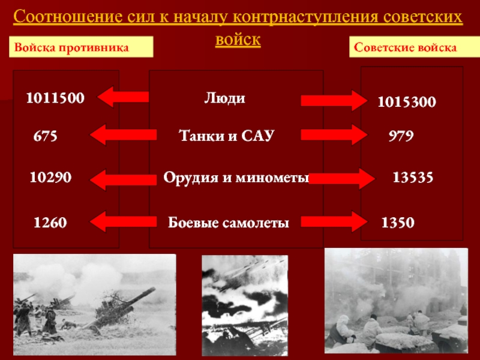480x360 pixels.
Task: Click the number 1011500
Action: coord(55,98)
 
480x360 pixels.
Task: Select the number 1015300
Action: coord(407,102)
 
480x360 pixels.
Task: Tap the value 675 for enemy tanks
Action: coord(46,136)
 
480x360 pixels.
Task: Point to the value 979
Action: coord(401,136)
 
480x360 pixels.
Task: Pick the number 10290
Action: coord(50,177)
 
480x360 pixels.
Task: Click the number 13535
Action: coord(413,177)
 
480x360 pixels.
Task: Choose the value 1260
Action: coord(50,223)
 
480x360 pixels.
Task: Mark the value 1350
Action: coord(398,223)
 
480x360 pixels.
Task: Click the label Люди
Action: coord(224,98)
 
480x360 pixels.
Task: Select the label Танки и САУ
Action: coord(226,136)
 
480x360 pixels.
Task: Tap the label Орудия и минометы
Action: coord(236,178)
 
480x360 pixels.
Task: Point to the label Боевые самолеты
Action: coord(229,223)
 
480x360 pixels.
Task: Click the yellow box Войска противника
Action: coord(81,47)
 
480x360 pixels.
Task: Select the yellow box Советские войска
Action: coord(415,47)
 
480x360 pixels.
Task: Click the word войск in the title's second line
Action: coord(238,40)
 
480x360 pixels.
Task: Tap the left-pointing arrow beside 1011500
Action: coord(123,97)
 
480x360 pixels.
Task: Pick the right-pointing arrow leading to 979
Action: coord(334,134)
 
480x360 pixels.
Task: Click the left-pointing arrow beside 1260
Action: coord(124,221)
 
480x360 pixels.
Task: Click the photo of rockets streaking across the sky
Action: coord(245,305)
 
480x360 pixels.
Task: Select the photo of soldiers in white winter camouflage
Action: coord(396,301)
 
